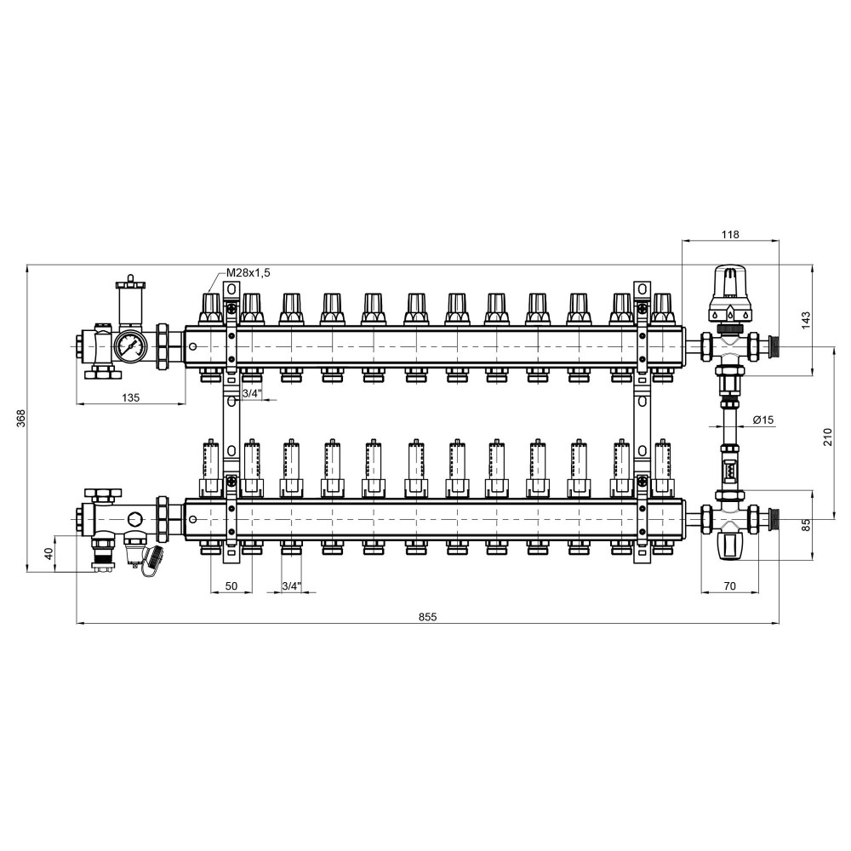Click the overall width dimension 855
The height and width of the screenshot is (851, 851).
pyautogui.click(x=428, y=616)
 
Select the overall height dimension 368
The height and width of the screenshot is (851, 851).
pyautogui.click(x=20, y=418)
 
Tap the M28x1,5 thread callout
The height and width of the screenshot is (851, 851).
pyautogui.click(x=248, y=272)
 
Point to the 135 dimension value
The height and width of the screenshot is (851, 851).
pyautogui.click(x=130, y=397)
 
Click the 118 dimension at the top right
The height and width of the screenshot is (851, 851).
pyautogui.click(x=730, y=235)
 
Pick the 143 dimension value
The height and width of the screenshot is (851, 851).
pyautogui.click(x=805, y=320)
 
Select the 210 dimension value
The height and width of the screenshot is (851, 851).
pyautogui.click(x=827, y=437)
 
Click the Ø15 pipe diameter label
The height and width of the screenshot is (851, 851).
pyautogui.click(x=763, y=420)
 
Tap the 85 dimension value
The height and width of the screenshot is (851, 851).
pyautogui.click(x=805, y=525)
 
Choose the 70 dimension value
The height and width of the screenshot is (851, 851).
pyautogui.click(x=730, y=585)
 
